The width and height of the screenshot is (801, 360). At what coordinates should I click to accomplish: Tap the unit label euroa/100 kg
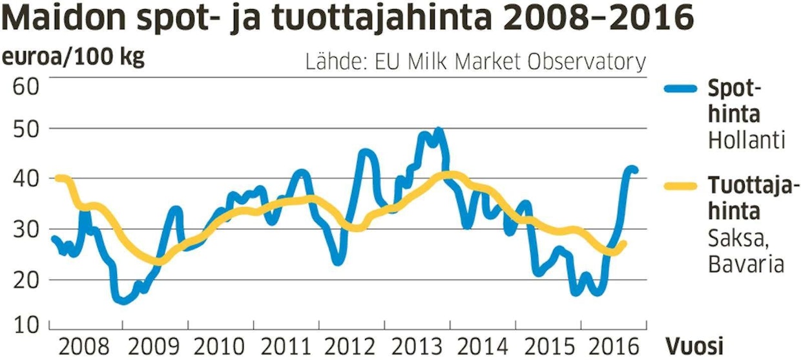tap(74, 58)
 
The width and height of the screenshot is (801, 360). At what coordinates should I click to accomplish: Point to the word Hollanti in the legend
tap(747, 140)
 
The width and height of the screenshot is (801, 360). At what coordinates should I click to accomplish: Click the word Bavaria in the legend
tap(746, 264)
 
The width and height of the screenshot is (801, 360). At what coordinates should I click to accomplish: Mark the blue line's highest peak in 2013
tap(439, 131)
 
